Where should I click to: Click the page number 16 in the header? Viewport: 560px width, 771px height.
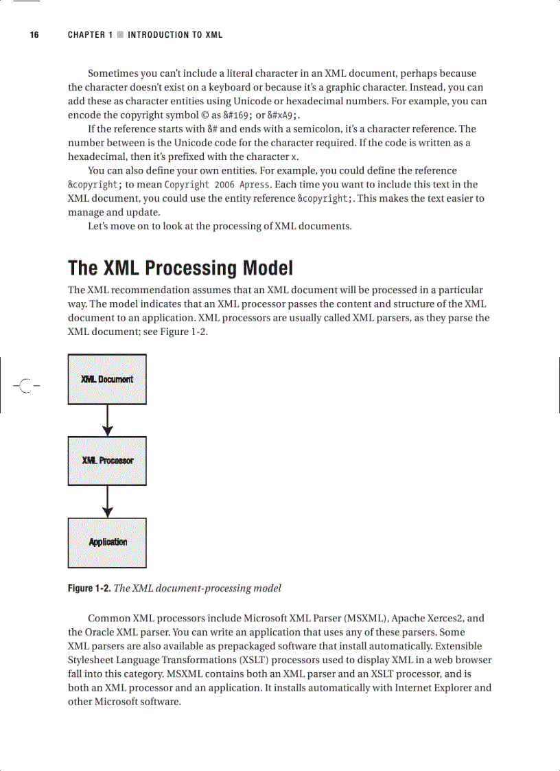pyautogui.click(x=34, y=35)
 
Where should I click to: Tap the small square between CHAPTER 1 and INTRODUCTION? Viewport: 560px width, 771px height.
pyautogui.click(x=120, y=35)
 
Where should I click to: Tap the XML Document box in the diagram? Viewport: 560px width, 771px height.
pyautogui.click(x=107, y=379)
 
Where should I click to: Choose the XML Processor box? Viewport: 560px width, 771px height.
pyautogui.click(x=107, y=461)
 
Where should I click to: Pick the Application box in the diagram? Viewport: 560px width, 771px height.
pyautogui.click(x=107, y=542)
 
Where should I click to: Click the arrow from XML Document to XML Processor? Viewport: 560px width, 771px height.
pyautogui.click(x=107, y=420)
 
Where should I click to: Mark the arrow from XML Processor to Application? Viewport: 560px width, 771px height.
pyautogui.click(x=107, y=502)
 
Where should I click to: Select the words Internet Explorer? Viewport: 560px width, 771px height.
pyautogui.click(x=422, y=687)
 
